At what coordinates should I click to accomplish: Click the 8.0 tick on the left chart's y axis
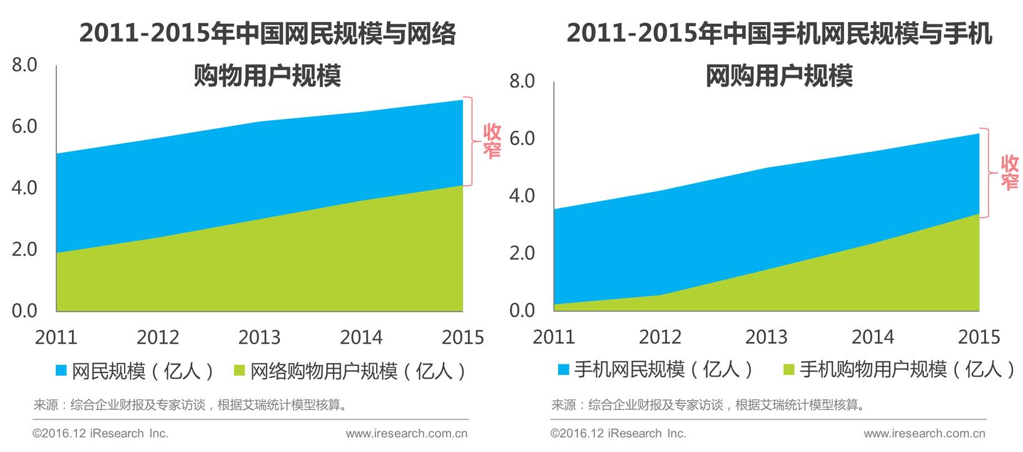pyautogui.click(x=24, y=65)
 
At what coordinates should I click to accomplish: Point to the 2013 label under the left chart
pyautogui.click(x=260, y=337)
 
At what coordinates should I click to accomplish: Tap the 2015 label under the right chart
pyautogui.click(x=979, y=337)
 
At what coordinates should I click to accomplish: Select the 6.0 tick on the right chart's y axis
pyautogui.click(x=522, y=138)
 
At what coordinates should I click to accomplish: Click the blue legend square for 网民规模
pyautogui.click(x=61, y=370)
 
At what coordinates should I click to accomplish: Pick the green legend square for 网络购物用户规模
pyautogui.click(x=239, y=370)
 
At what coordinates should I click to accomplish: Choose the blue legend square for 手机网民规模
pyautogui.click(x=564, y=369)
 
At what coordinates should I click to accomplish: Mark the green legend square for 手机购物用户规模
pyautogui.click(x=789, y=369)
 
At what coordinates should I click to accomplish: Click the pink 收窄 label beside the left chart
pyautogui.click(x=492, y=141)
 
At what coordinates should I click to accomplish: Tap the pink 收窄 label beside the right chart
pyautogui.click(x=1010, y=172)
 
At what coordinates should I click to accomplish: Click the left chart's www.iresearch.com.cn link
pyautogui.click(x=407, y=433)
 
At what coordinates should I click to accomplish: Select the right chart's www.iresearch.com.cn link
pyautogui.click(x=924, y=433)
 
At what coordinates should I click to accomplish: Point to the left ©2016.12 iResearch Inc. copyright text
pyautogui.click(x=101, y=433)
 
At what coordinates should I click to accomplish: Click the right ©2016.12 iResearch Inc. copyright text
pyautogui.click(x=618, y=433)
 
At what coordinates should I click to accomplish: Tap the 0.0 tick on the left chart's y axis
pyautogui.click(x=24, y=311)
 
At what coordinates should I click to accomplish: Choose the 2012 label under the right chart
pyautogui.click(x=660, y=337)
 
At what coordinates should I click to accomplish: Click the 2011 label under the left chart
pyautogui.click(x=56, y=337)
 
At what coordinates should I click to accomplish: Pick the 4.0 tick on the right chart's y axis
pyautogui.click(x=522, y=196)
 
